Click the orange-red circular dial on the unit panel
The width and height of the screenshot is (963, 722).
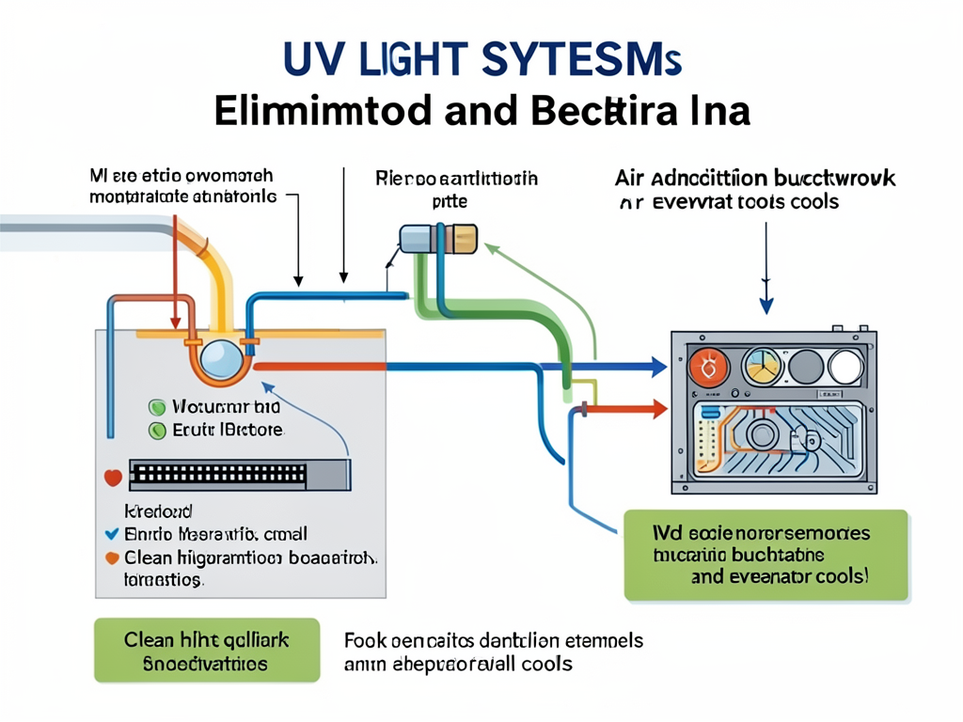[x=707, y=367]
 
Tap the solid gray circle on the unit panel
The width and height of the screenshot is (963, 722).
[x=805, y=367]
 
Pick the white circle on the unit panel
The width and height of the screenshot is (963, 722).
[x=846, y=367]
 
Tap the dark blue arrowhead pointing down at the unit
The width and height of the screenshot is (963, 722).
[x=766, y=304]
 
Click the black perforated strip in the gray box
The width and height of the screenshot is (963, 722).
[x=239, y=476]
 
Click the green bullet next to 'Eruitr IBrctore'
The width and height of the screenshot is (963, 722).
[x=157, y=431]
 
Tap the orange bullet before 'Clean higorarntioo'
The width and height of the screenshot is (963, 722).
[x=110, y=557]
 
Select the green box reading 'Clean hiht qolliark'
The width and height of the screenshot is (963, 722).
[x=207, y=651]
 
